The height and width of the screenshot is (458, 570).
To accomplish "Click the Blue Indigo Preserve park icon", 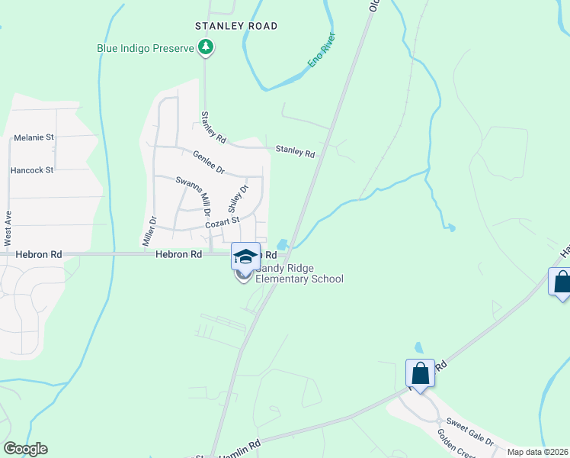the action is (205, 48).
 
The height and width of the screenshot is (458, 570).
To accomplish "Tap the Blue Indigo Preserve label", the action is (145, 47).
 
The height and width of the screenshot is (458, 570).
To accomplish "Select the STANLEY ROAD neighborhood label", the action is (236, 26).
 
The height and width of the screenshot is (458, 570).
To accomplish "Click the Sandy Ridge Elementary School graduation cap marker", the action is (245, 257).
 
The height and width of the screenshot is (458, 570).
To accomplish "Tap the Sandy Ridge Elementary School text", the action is (299, 273).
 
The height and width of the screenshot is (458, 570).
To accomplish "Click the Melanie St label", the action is (34, 138).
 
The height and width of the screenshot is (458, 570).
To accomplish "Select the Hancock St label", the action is (32, 170).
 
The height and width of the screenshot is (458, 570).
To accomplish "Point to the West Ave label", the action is (8, 223).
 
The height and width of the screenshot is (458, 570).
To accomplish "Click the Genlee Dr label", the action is (208, 161).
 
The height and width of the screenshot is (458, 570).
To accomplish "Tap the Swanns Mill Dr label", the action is (192, 195).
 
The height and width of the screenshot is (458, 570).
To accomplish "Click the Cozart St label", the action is (222, 222).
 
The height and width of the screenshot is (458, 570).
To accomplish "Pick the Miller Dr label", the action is (149, 231).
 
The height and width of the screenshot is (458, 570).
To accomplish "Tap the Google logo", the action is (25, 449).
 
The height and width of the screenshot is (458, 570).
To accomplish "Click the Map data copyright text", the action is (537, 452).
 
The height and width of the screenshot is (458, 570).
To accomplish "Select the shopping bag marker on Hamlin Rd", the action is (420, 373).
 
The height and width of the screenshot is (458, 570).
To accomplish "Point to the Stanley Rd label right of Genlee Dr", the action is (295, 152).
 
